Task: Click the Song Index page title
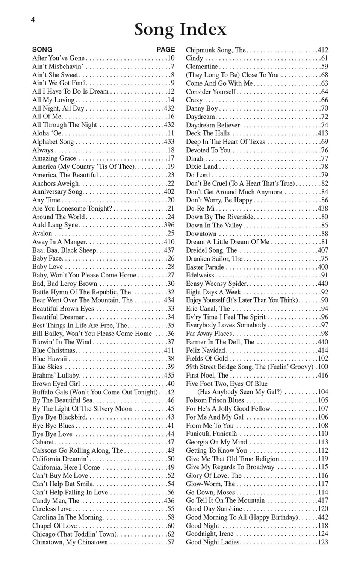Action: (180, 29)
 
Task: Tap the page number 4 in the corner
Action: (33, 20)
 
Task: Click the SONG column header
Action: (42, 49)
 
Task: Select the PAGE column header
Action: (166, 49)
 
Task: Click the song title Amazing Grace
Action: (54, 158)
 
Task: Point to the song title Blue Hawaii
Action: (50, 359)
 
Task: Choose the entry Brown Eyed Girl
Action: (56, 384)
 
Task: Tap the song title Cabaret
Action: (43, 442)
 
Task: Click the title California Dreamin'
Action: (61, 459)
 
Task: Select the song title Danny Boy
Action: (202, 108)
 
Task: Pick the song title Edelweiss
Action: (200, 275)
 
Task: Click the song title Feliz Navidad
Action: (205, 350)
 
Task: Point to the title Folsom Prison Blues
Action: (215, 400)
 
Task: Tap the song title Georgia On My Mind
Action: (216, 442)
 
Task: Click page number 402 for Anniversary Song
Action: (169, 192)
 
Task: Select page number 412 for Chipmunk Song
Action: (323, 50)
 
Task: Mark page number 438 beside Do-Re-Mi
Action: (323, 208)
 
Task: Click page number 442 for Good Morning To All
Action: (323, 517)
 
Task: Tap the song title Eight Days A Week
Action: (213, 292)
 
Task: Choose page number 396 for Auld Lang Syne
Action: (169, 225)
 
